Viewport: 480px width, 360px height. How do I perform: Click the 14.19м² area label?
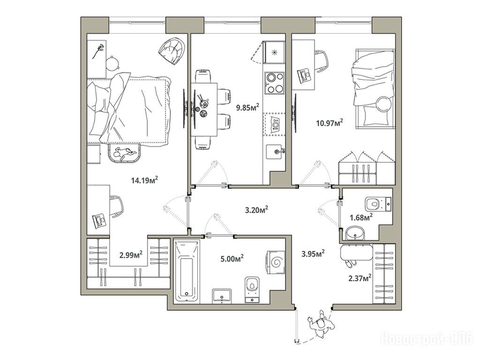click(x=144, y=180)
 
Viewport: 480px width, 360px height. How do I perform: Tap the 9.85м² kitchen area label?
click(x=247, y=107)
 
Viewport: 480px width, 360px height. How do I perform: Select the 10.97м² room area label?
click(x=330, y=123)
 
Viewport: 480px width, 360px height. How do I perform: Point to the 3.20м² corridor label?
click(x=256, y=210)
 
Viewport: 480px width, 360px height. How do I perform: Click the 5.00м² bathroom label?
click(x=232, y=258)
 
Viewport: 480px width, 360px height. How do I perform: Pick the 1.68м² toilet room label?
click(x=361, y=217)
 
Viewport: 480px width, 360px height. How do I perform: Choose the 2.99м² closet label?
click(x=131, y=255)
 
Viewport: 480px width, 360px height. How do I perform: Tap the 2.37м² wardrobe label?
click(x=360, y=278)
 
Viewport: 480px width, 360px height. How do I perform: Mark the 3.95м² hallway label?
click(x=313, y=254)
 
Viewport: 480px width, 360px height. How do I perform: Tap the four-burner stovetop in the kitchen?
click(x=274, y=82)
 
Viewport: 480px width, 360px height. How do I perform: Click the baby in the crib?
click(x=124, y=153)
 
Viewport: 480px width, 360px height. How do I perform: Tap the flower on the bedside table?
click(x=98, y=51)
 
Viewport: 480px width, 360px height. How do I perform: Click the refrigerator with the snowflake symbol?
click(x=274, y=52)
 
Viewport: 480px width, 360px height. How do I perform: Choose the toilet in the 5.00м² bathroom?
click(x=252, y=290)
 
